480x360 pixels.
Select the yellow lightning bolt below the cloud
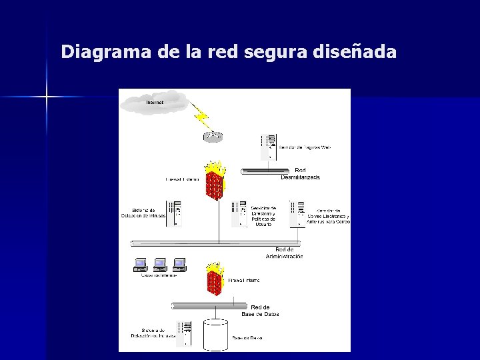click(202, 119)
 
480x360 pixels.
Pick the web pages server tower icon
click(268, 146)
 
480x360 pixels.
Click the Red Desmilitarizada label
click(300, 173)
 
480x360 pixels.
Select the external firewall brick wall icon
click(215, 181)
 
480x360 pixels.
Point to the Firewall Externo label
click(182, 179)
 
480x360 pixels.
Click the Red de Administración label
click(285, 253)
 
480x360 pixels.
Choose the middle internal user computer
click(159, 264)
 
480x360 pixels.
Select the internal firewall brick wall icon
click(215, 280)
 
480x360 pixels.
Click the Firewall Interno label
click(244, 281)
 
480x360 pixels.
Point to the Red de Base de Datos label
click(260, 310)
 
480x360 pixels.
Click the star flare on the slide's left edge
click(47, 97)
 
